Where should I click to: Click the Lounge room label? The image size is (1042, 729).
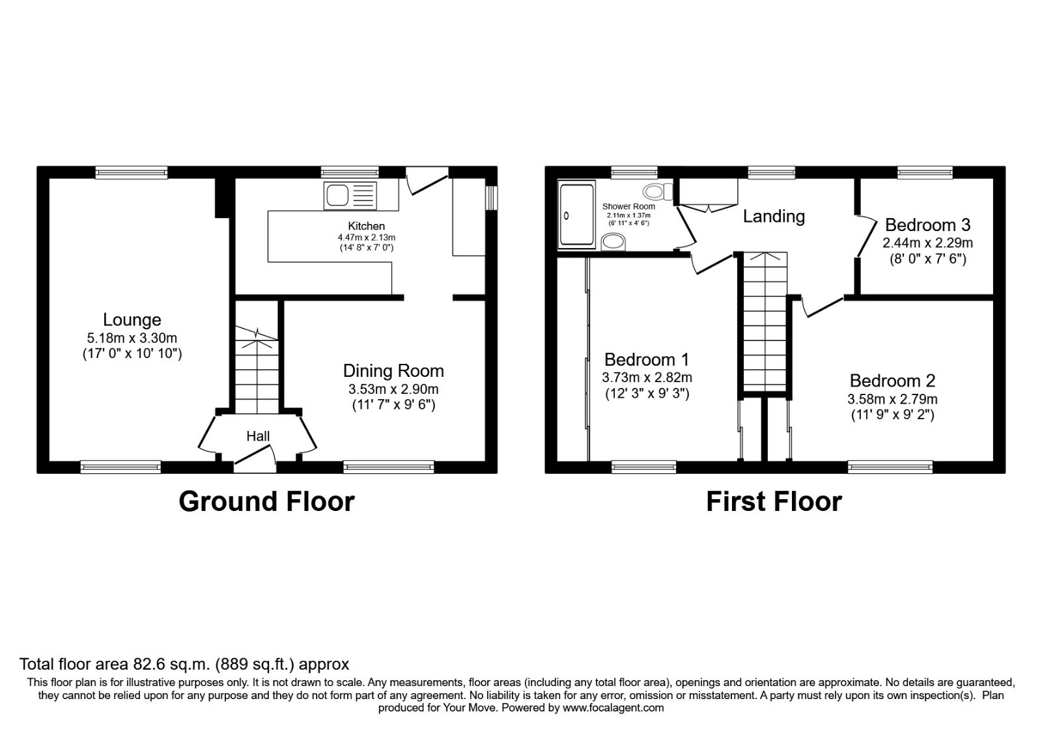(132, 320)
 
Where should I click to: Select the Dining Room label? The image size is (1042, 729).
(393, 371)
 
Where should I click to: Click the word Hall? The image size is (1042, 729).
(258, 436)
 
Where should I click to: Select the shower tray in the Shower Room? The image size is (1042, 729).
(576, 215)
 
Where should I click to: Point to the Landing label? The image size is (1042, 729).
(774, 216)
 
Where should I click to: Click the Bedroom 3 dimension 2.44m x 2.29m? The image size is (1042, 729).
(927, 243)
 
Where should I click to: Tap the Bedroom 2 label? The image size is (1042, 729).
(892, 381)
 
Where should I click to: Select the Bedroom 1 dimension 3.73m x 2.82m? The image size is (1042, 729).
(647, 378)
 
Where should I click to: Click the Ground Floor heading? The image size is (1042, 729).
(266, 502)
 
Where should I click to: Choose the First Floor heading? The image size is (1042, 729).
(774, 502)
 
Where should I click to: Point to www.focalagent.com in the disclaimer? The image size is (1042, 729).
(613, 708)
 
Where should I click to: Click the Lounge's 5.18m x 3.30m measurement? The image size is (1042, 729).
(132, 338)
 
